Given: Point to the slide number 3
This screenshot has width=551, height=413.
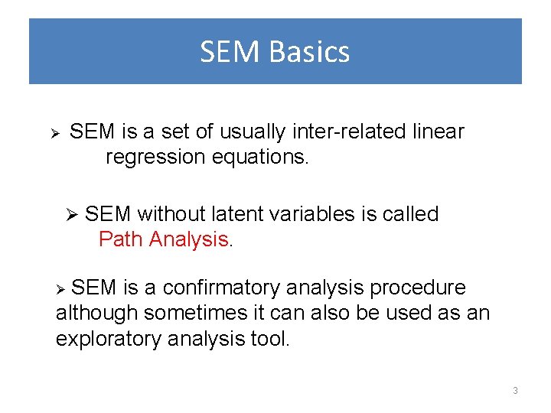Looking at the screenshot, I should click(515, 391).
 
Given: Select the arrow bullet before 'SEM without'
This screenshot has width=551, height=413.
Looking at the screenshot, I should click(73, 216).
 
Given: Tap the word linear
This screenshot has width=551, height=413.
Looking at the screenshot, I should click(437, 132).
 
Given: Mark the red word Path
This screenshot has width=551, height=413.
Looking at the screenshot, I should click(122, 239).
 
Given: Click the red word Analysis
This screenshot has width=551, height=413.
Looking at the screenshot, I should click(189, 239).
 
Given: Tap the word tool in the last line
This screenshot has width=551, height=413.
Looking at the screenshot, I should click(270, 339).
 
